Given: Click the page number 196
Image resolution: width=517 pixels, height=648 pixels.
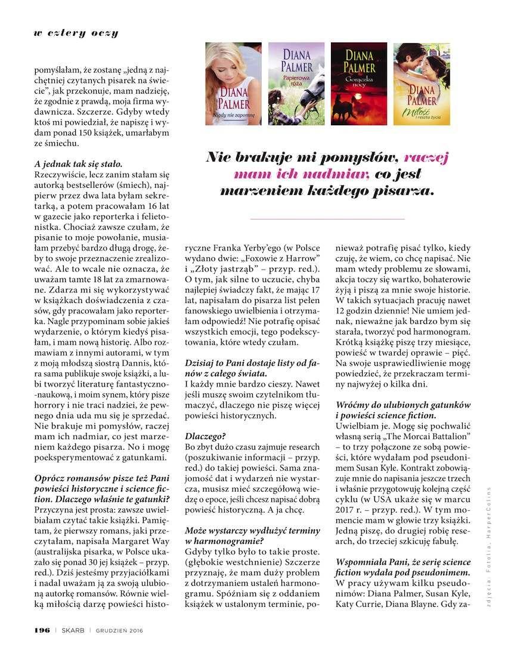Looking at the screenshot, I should [41, 630].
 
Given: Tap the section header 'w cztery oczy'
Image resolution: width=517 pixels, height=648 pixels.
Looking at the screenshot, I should [76, 33].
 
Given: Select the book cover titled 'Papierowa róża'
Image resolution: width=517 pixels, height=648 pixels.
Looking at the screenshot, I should [296, 84].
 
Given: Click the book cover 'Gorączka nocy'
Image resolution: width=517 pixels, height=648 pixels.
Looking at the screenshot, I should [359, 84].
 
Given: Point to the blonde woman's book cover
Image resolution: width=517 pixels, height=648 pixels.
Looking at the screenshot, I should [233, 84].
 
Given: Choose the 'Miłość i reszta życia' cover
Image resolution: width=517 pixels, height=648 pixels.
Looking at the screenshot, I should [422, 84].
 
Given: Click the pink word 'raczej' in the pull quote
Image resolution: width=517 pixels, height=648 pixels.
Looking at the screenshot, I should [426, 158].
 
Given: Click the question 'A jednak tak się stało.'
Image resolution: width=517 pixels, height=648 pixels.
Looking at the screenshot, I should [78, 163].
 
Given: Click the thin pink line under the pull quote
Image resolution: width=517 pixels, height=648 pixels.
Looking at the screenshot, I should [327, 219].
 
